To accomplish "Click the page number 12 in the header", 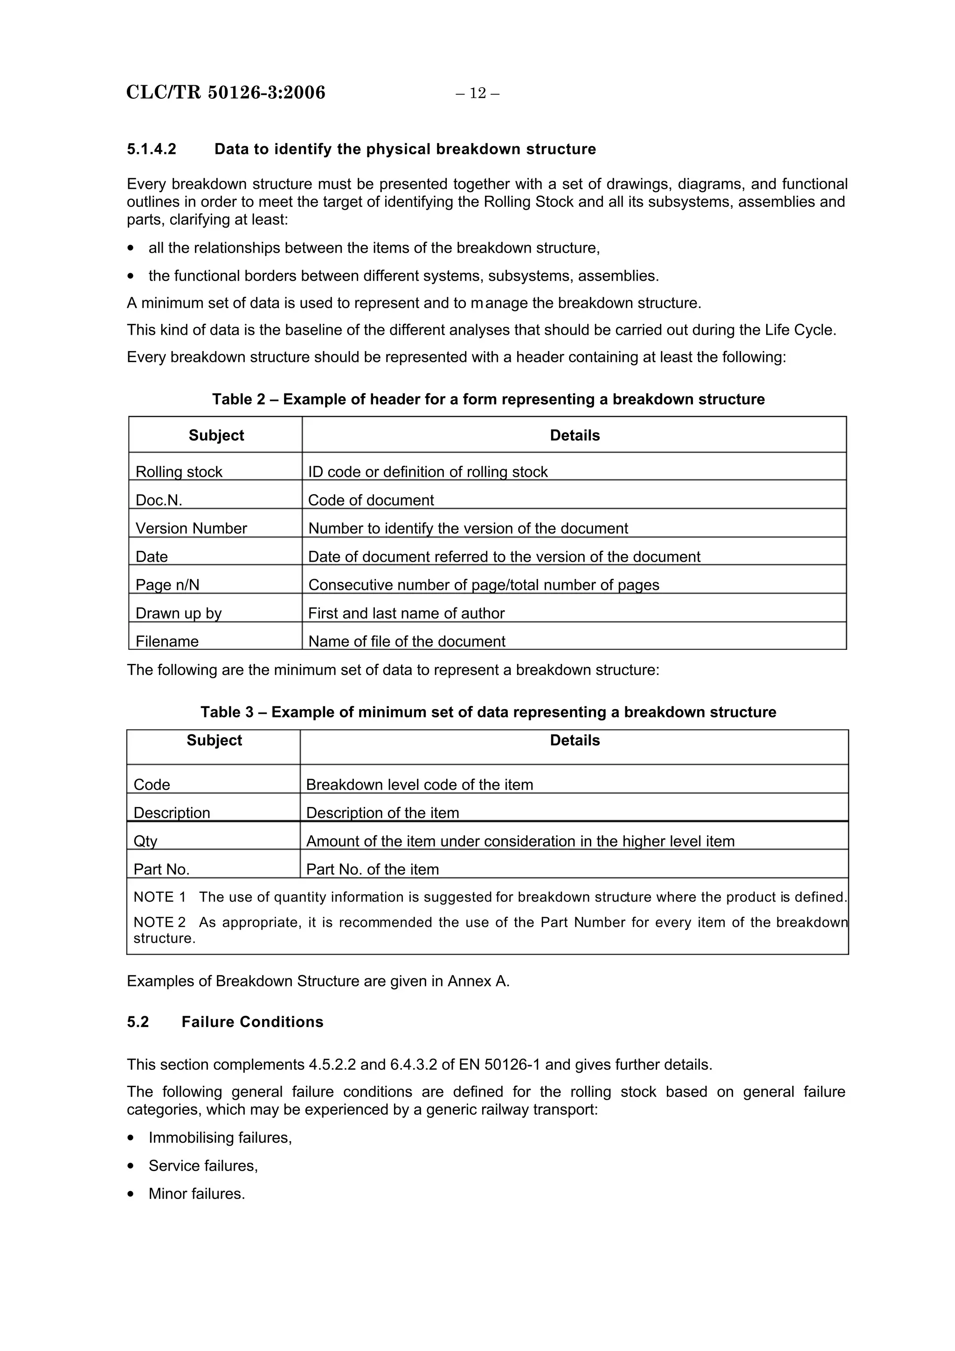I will (x=477, y=93).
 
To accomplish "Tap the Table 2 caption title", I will (x=488, y=399).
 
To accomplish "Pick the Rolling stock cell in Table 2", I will (x=179, y=471).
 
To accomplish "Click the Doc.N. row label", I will (x=159, y=500).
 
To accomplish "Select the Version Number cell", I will (x=191, y=528).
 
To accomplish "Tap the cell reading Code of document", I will (x=371, y=500).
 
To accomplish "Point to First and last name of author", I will (x=406, y=613).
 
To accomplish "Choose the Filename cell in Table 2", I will (x=167, y=641).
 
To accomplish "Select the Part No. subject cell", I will (x=161, y=869).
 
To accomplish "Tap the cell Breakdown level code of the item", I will (x=420, y=785).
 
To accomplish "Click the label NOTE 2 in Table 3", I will (x=159, y=922).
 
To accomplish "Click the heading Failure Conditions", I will (x=252, y=1021).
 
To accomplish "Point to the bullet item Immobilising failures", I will (x=220, y=1137).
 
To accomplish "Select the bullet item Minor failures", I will (x=196, y=1194).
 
